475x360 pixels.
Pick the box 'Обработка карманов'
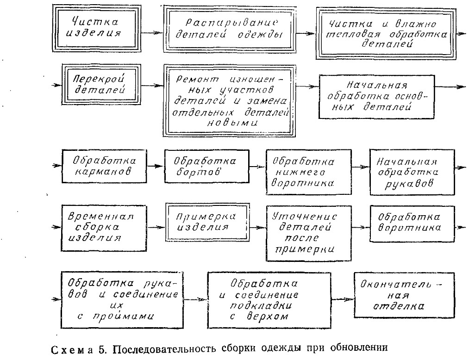(x=104, y=166)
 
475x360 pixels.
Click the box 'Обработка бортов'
(x=206, y=166)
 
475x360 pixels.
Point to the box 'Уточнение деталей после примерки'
(x=303, y=233)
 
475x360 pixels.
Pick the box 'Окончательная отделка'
(x=400, y=294)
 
